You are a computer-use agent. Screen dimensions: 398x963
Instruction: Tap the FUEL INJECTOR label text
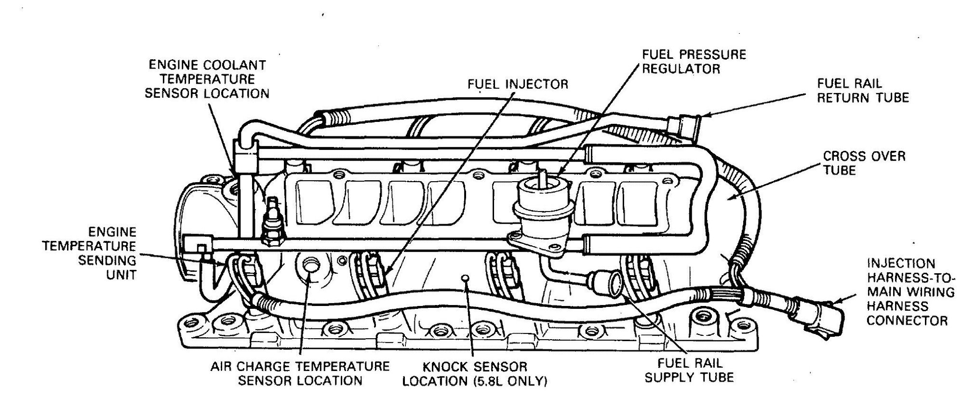click(x=518, y=85)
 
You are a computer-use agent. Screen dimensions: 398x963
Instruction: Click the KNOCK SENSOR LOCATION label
click(x=475, y=373)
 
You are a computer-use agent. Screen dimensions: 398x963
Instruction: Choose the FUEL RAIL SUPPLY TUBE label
click(x=690, y=370)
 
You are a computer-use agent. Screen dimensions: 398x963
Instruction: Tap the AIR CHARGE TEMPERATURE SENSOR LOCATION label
click(x=300, y=373)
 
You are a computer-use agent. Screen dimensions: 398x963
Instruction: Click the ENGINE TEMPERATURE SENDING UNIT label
click(x=89, y=253)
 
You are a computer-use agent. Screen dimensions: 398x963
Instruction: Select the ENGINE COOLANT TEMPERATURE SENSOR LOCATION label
click(x=207, y=79)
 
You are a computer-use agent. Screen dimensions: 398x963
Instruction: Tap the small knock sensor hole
click(x=465, y=278)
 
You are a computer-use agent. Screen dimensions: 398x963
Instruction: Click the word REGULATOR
click(x=681, y=68)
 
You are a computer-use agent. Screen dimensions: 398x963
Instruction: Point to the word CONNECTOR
click(x=907, y=320)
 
